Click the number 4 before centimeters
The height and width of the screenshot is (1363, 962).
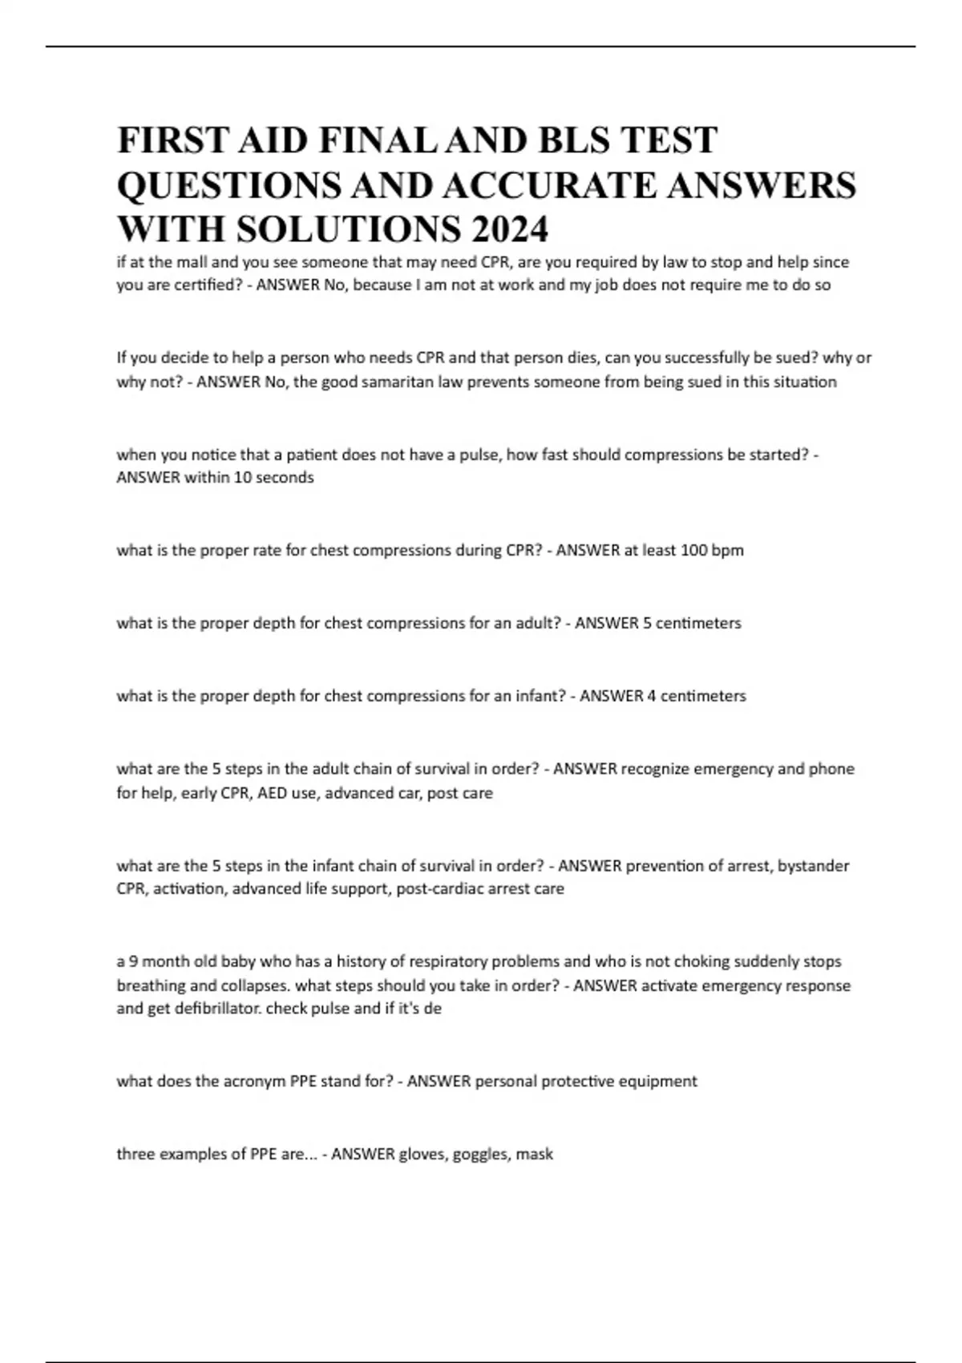(652, 696)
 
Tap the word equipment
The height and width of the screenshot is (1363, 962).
(660, 1082)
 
